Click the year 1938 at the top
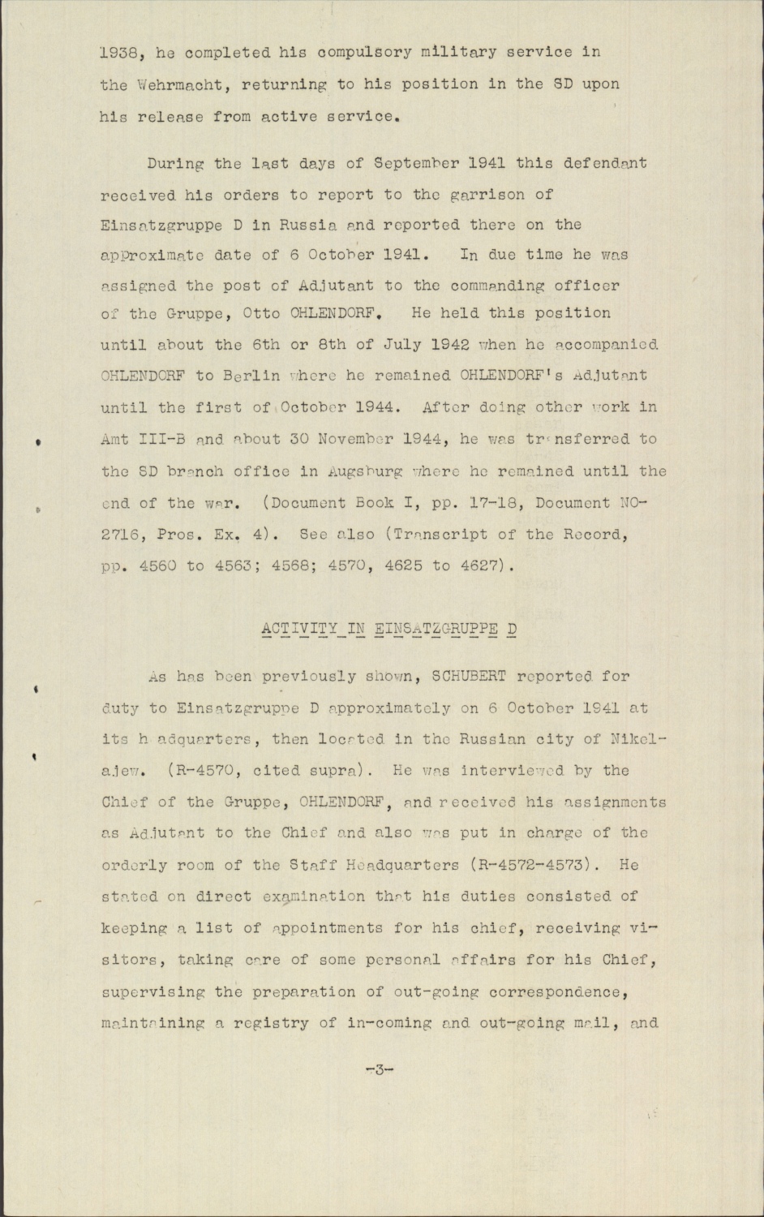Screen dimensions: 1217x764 coord(119,53)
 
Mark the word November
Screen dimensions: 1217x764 coord(357,439)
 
